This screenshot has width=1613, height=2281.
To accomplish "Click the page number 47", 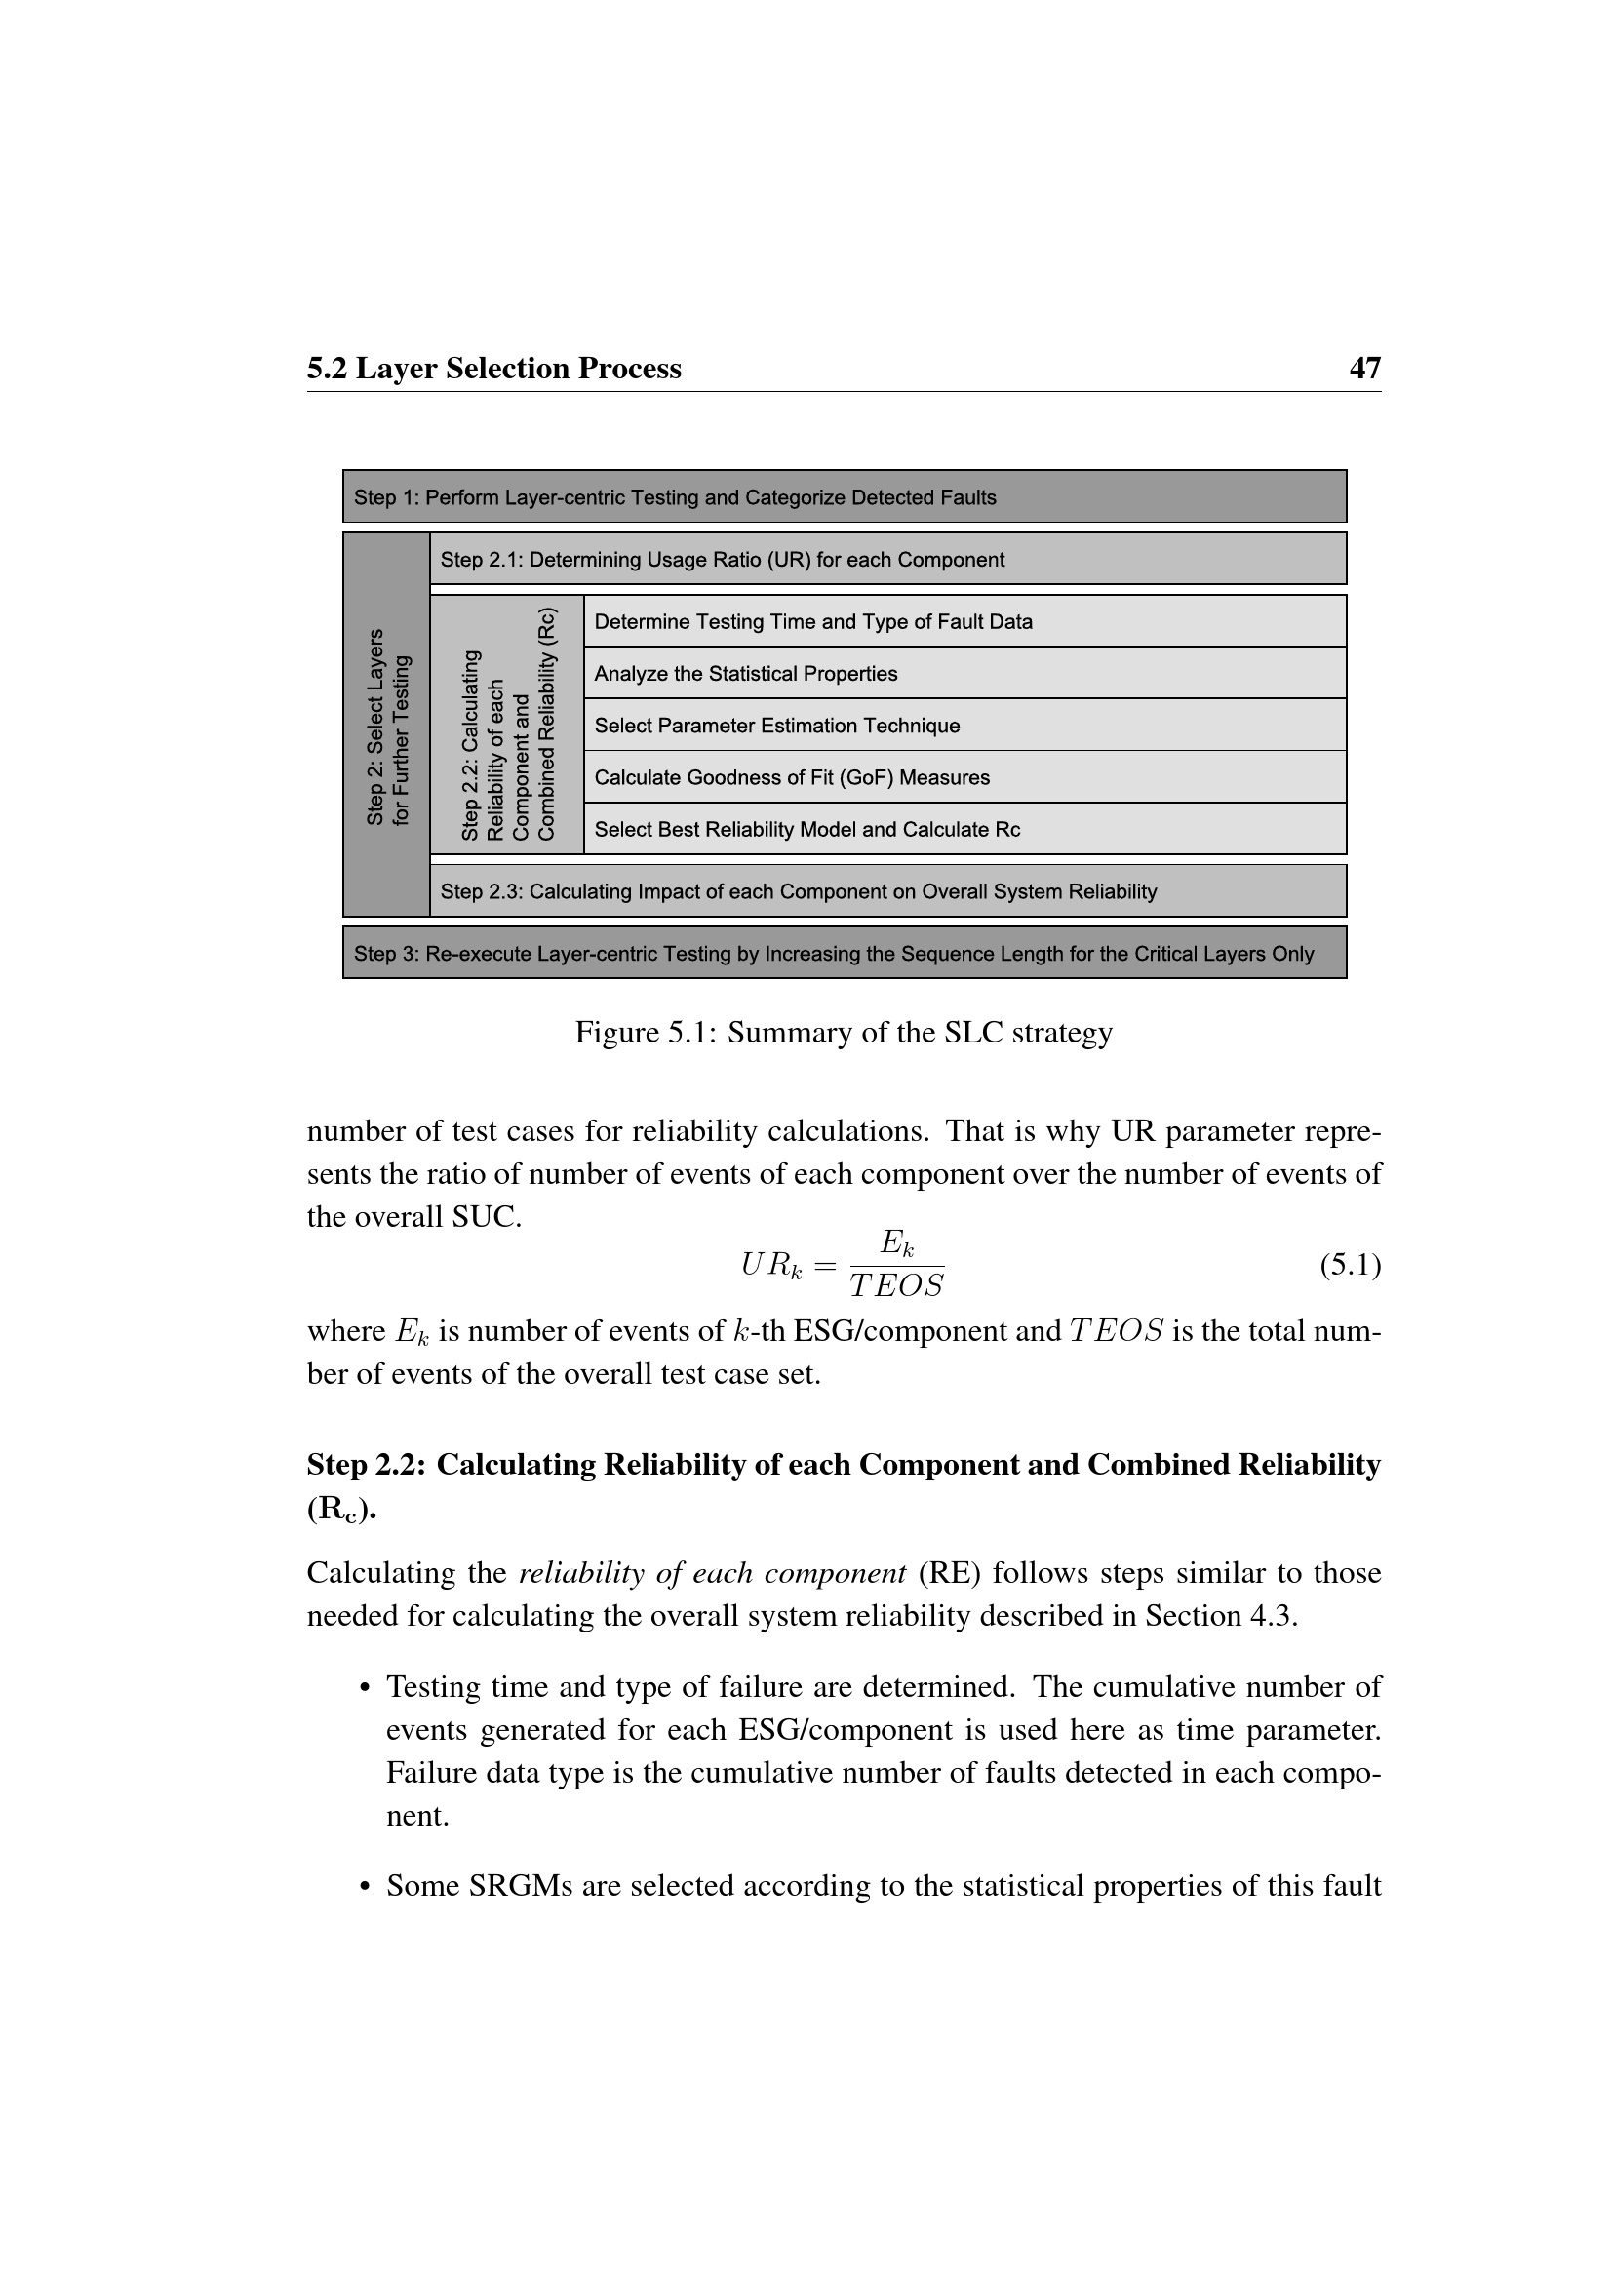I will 1363,369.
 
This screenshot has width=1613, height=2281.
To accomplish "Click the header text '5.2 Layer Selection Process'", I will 493,369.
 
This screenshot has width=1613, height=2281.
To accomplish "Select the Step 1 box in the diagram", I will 845,496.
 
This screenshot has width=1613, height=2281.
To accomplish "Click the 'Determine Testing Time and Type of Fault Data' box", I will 964,622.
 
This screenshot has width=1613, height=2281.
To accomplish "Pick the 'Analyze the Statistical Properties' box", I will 964,674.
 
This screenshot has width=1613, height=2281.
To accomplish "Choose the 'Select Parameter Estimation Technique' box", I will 964,726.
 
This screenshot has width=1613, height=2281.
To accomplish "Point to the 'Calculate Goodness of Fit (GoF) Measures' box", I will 964,777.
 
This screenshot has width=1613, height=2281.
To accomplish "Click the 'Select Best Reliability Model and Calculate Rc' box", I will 964,830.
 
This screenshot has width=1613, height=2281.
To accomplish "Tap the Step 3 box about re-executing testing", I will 845,954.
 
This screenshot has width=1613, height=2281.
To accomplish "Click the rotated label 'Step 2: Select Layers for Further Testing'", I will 387,726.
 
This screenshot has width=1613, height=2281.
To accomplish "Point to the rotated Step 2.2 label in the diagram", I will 507,726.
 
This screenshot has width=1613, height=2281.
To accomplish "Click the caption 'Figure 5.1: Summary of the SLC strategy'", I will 844,1033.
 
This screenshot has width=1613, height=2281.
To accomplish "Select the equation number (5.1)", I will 1350,1265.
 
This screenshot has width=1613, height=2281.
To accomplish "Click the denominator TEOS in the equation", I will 896,1286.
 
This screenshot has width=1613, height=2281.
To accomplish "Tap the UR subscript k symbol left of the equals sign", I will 770,1266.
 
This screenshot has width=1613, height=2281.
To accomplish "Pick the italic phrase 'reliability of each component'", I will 712,1573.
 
